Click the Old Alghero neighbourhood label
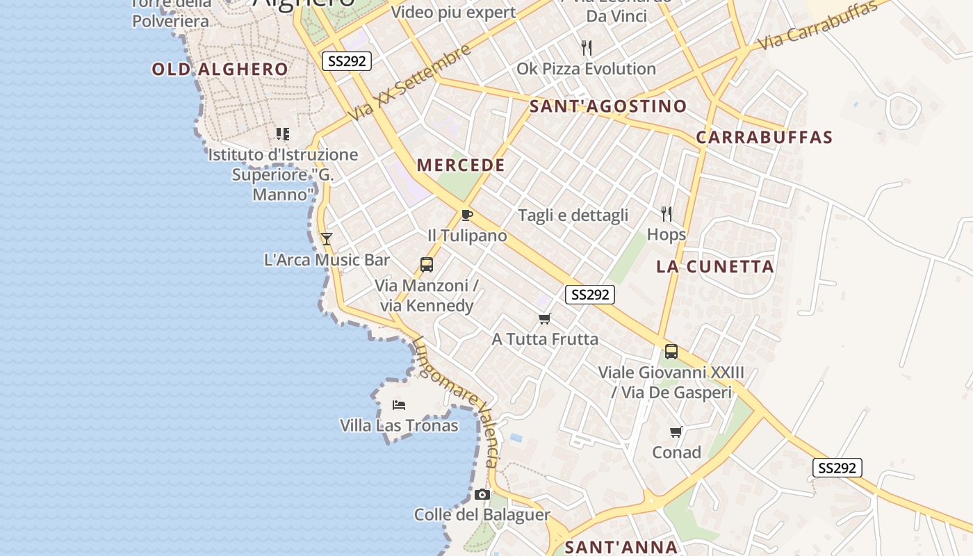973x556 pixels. pyautogui.click(x=220, y=69)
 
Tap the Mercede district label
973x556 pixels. pyautogui.click(x=461, y=165)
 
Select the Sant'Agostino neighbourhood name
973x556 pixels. pyautogui.click(x=608, y=106)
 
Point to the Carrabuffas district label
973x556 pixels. pyautogui.click(x=764, y=137)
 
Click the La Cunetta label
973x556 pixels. pyautogui.click(x=715, y=267)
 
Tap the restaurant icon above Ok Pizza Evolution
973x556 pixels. pyautogui.click(x=587, y=48)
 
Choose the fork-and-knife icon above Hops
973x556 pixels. pyautogui.click(x=667, y=213)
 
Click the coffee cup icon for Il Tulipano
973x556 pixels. pyautogui.click(x=466, y=215)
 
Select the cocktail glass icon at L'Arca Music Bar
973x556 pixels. pyautogui.click(x=326, y=239)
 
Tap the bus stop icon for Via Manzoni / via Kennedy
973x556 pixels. pyautogui.click(x=427, y=265)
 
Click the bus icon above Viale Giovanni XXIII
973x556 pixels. pyautogui.click(x=671, y=352)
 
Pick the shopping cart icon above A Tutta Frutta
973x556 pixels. pyautogui.click(x=545, y=318)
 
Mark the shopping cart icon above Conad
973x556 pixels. pyautogui.click(x=676, y=432)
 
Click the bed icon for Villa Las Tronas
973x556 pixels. pyautogui.click(x=398, y=404)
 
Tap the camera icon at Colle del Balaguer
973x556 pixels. pyautogui.click(x=482, y=495)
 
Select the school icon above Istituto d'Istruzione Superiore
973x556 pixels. pyautogui.click(x=282, y=133)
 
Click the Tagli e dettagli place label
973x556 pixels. pyautogui.click(x=573, y=215)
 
